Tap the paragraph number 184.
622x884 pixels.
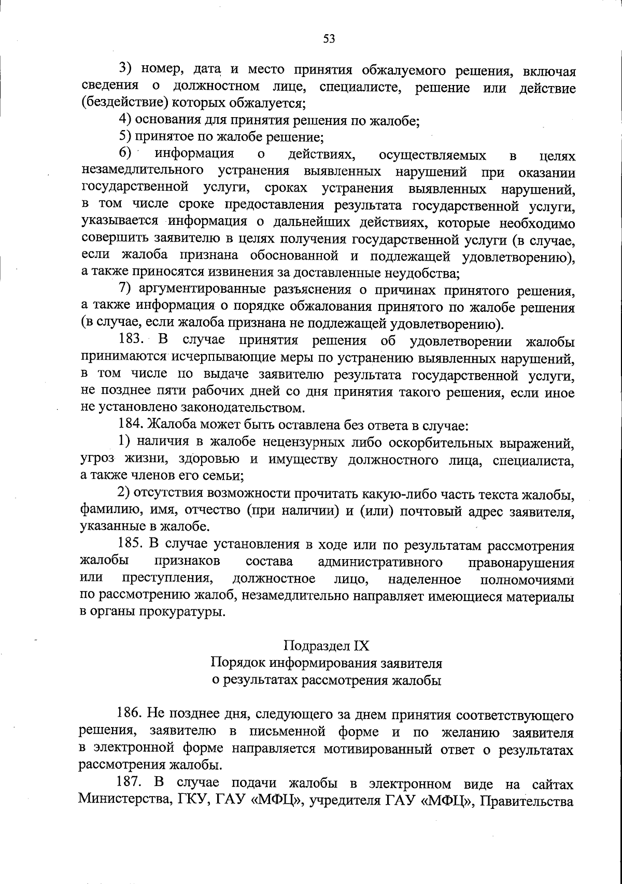[x=132, y=426]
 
